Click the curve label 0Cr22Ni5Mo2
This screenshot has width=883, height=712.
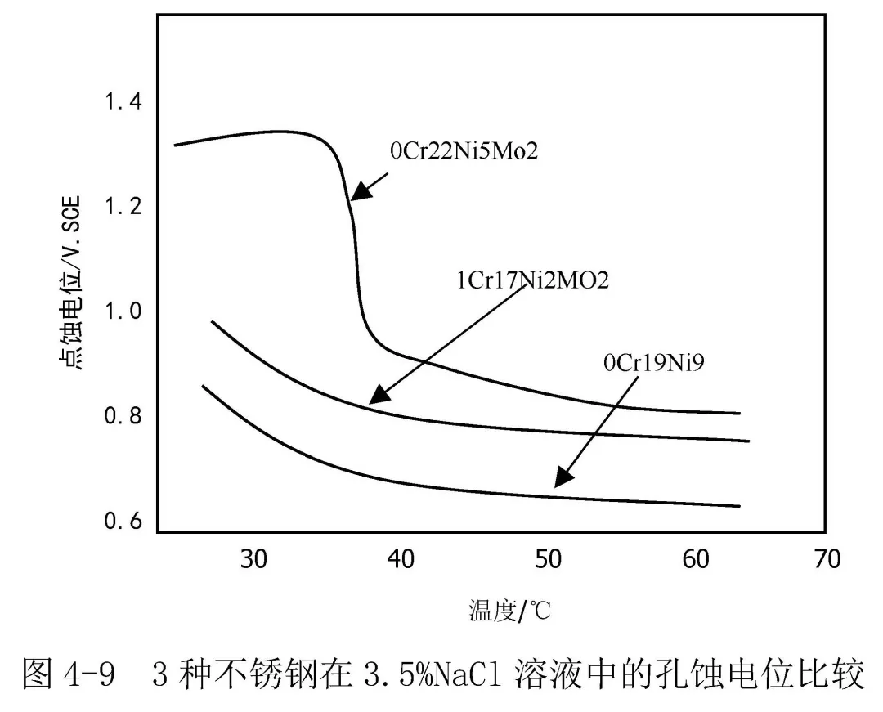click(x=464, y=151)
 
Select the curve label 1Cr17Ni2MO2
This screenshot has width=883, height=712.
click(x=532, y=280)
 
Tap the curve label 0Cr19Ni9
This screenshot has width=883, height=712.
click(x=653, y=361)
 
